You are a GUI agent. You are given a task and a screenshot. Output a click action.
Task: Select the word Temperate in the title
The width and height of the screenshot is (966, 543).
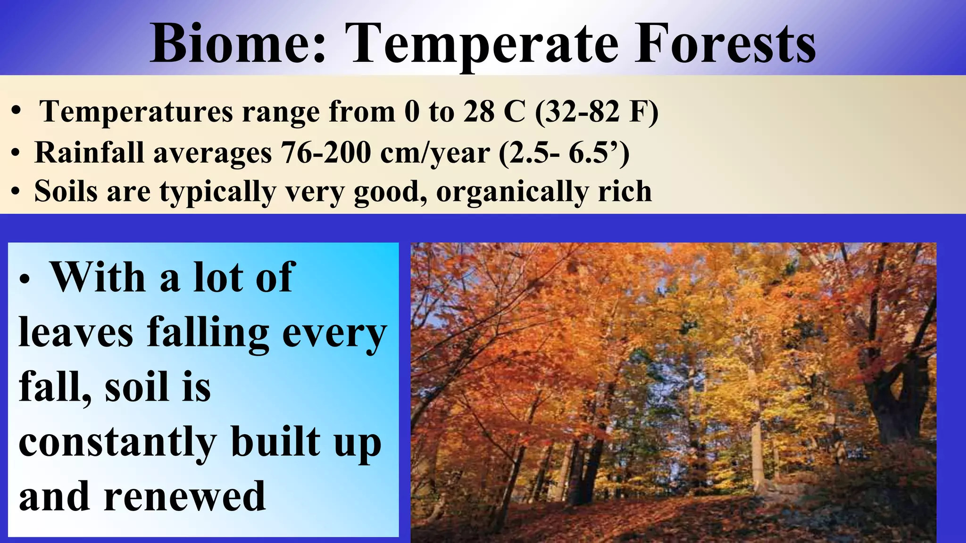[x=483, y=43]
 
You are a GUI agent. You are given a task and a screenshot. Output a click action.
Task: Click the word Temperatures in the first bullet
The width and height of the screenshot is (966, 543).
[x=136, y=112]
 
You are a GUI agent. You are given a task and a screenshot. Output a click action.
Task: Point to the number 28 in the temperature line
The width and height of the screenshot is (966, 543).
[x=479, y=112]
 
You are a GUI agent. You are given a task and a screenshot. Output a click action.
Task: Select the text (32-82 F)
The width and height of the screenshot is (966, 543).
[x=596, y=112]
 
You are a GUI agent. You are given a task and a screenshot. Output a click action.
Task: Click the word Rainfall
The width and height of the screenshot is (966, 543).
[x=89, y=153]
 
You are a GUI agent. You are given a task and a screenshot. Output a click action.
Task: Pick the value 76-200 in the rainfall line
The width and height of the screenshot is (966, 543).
[x=326, y=153]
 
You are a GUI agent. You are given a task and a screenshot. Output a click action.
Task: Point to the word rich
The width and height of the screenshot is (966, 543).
[x=625, y=191]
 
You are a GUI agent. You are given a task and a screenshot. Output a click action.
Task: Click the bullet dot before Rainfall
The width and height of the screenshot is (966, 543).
[x=16, y=154]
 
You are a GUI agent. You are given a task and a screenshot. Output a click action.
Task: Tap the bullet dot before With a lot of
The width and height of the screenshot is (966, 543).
[x=25, y=280]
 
